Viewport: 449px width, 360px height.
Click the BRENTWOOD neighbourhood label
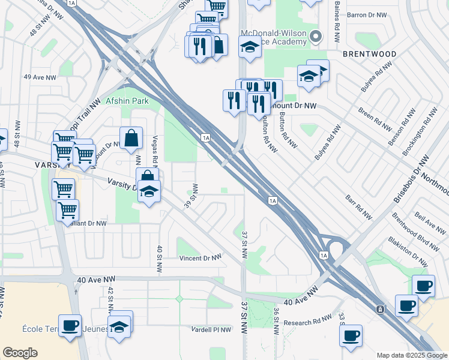(370, 54)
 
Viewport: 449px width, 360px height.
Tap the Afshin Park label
(127, 101)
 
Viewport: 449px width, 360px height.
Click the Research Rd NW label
(307, 322)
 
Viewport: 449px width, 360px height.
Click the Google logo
(20, 353)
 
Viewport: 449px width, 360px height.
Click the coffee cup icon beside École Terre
(70, 325)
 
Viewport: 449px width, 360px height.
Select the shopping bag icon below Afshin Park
(131, 138)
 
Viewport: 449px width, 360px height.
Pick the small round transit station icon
(380, 310)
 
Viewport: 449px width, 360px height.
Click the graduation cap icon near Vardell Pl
(120, 326)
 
